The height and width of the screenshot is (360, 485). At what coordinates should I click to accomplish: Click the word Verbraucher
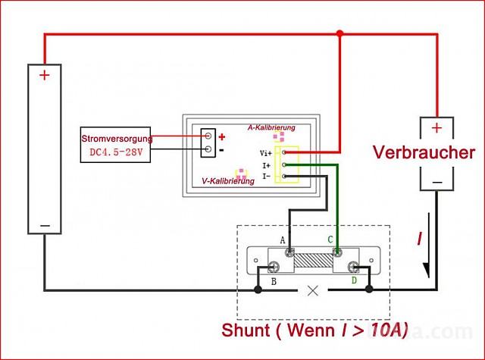click(424, 152)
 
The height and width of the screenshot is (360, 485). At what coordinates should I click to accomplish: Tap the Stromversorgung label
click(117, 139)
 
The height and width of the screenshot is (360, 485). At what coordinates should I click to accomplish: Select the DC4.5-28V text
click(116, 152)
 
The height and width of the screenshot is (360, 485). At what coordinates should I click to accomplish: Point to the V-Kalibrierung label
click(228, 182)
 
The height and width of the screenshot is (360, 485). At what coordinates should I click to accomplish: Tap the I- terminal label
click(266, 176)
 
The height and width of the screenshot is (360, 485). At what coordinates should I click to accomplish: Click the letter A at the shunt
click(283, 239)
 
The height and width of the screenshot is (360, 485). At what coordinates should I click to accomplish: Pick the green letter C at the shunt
click(330, 239)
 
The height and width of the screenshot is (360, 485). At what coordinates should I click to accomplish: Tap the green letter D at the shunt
click(353, 281)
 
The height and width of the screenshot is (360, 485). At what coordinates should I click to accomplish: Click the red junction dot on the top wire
click(340, 33)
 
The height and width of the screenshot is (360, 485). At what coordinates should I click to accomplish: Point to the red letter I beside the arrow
click(419, 239)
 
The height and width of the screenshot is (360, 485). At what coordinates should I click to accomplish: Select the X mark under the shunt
click(311, 290)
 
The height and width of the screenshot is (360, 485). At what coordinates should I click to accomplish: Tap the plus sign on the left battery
click(45, 74)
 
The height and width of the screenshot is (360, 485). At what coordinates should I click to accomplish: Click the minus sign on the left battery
click(45, 225)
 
